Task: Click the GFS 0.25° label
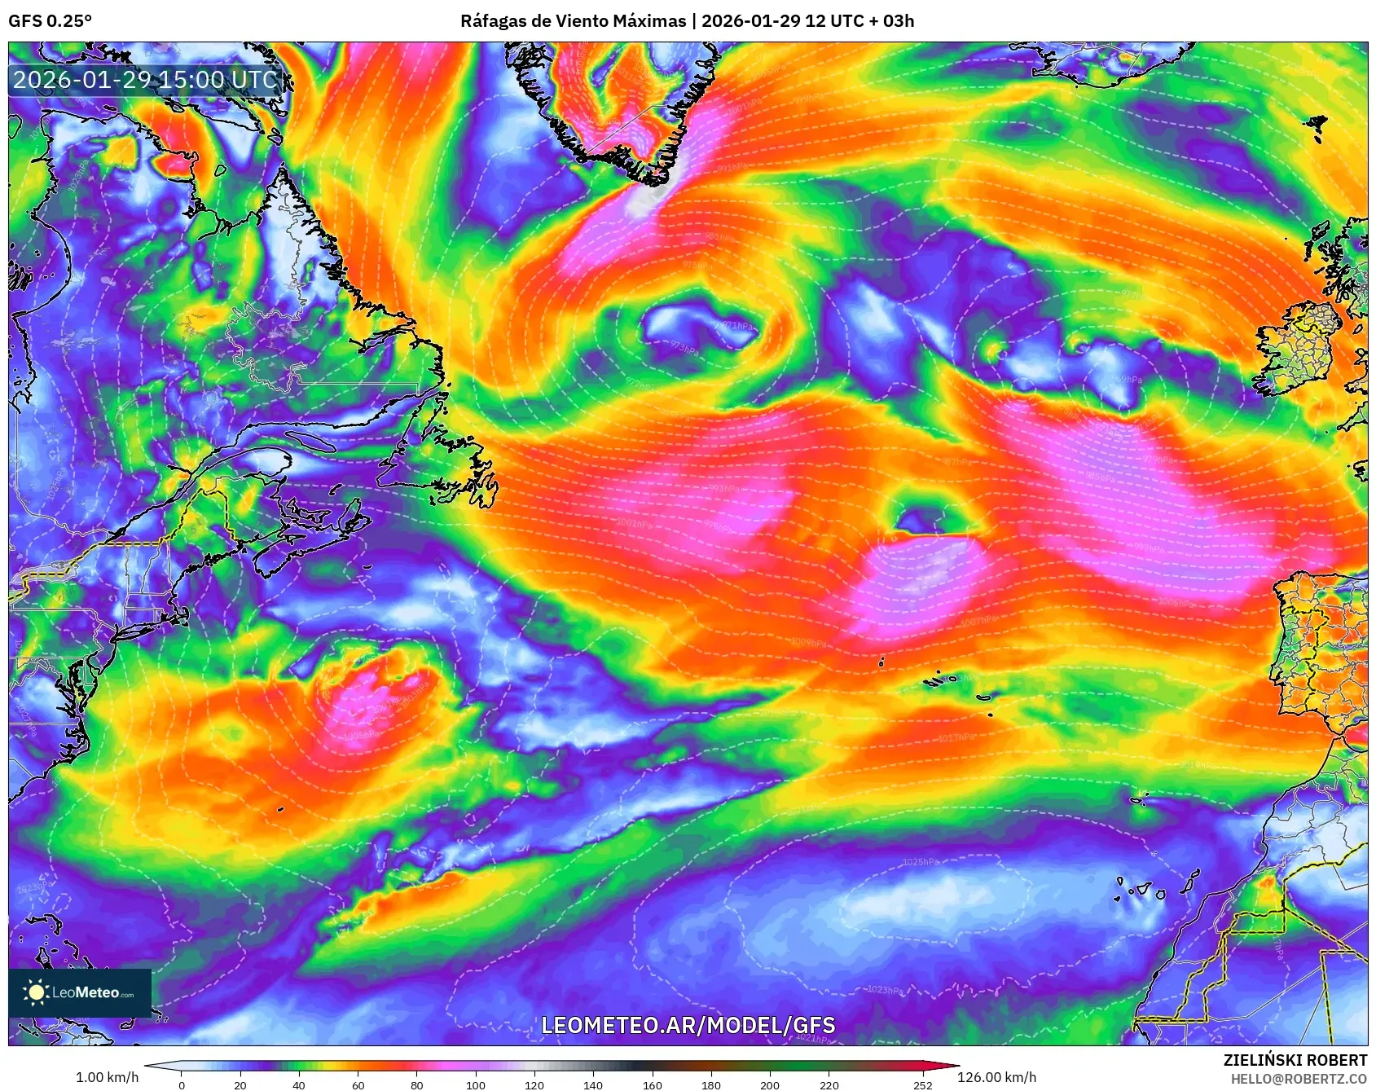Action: tap(50, 21)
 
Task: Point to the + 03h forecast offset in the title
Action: tap(892, 21)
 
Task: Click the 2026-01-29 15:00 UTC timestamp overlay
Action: tap(145, 80)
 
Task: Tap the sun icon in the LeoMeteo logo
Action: tap(36, 992)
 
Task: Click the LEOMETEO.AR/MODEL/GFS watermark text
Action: tap(688, 1025)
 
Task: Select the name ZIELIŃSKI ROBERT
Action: tap(1295, 1060)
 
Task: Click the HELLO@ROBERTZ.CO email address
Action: tap(1299, 1079)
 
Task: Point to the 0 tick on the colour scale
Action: tap(181, 1084)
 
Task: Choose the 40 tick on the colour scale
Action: tap(299, 1084)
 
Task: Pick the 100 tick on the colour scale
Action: tap(476, 1084)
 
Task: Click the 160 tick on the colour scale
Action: tap(652, 1084)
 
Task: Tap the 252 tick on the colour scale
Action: tap(923, 1084)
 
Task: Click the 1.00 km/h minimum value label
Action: tap(107, 1077)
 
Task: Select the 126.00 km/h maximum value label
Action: tap(996, 1077)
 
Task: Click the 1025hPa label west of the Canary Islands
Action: tap(921, 862)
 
